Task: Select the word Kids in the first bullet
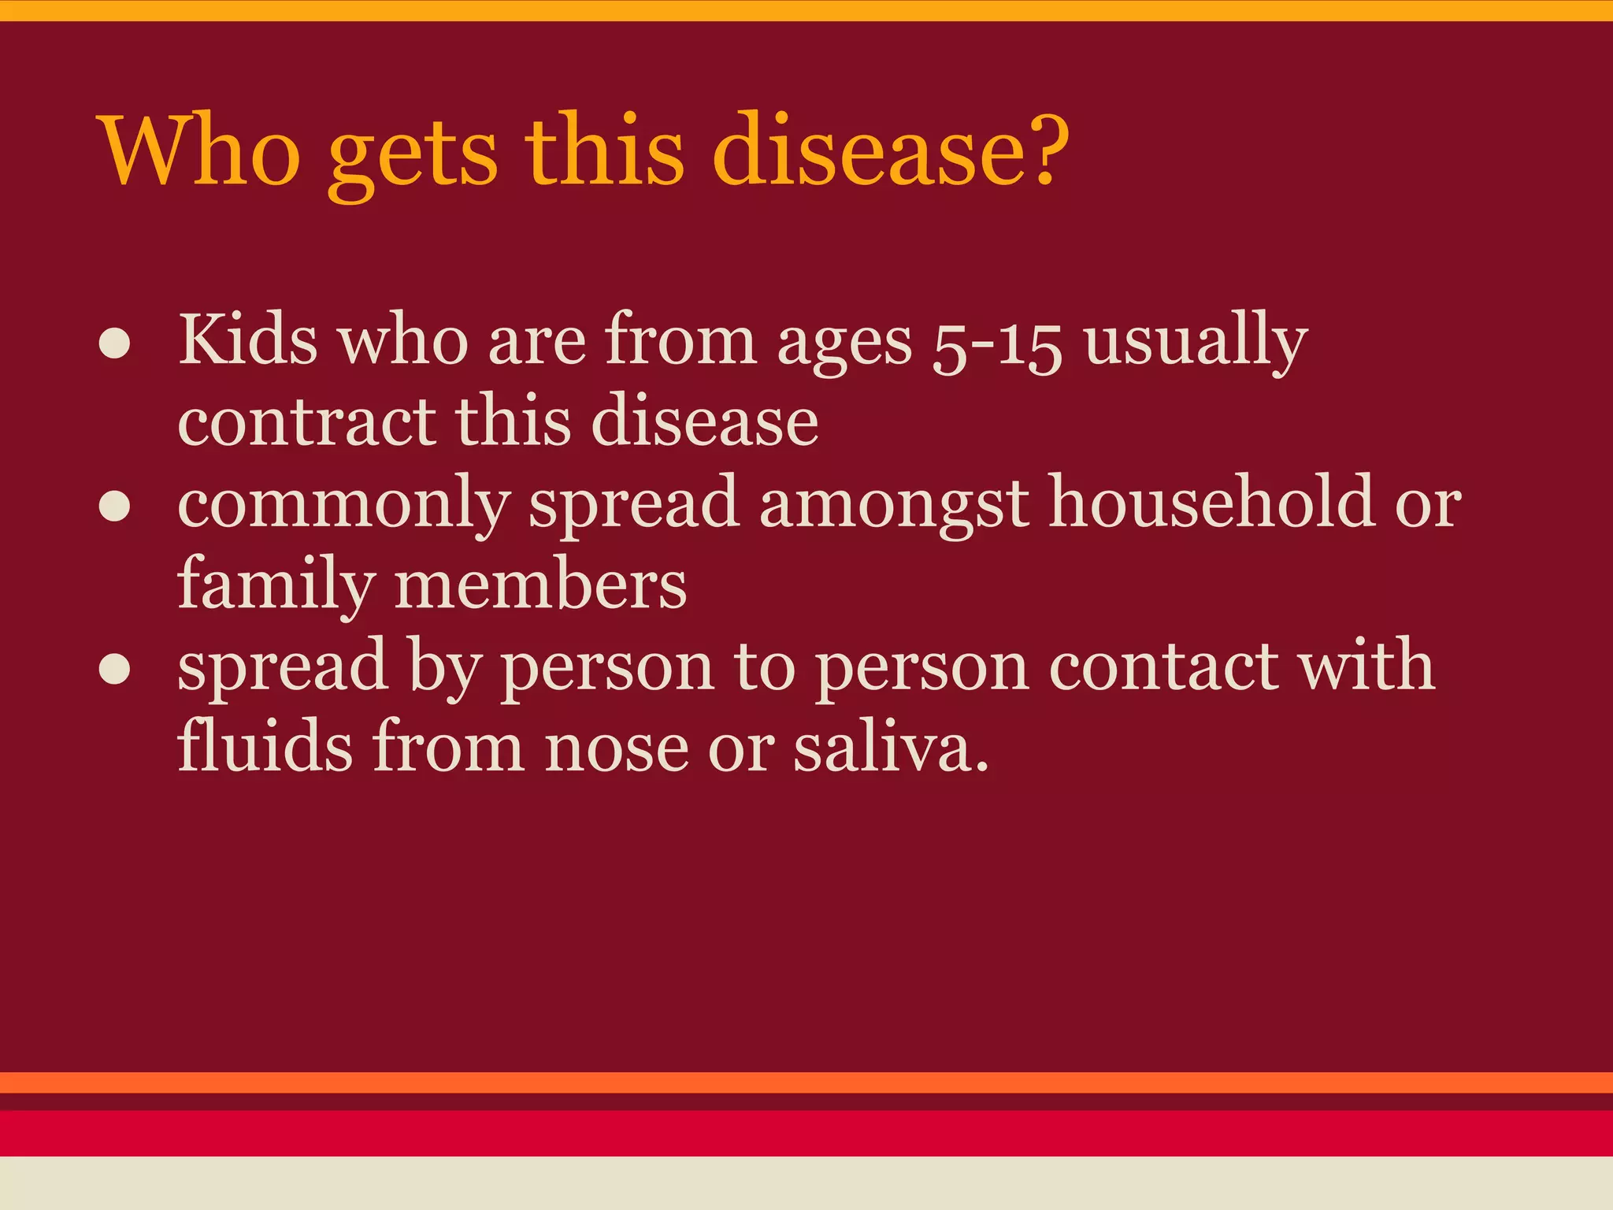(x=248, y=340)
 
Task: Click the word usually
(x=1196, y=343)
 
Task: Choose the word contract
(x=306, y=421)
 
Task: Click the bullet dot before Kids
(x=115, y=346)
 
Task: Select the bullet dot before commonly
(x=115, y=507)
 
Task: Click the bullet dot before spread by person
(x=115, y=669)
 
